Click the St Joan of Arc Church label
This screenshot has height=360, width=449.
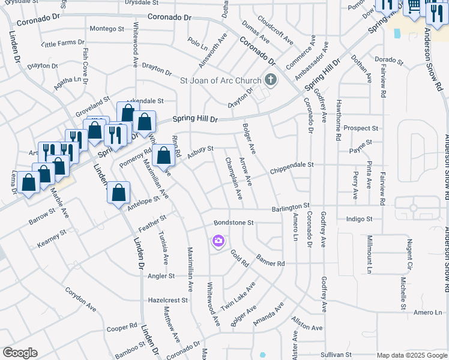[x=221, y=80]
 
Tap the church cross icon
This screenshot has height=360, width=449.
[x=270, y=80]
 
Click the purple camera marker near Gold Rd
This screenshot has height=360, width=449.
[x=218, y=241]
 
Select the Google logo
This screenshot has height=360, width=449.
[x=20, y=353]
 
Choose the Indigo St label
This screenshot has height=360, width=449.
[x=360, y=220]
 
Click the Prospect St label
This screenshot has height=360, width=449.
[x=361, y=128]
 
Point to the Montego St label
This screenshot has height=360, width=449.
[x=106, y=29]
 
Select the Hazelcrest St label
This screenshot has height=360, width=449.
[x=169, y=299]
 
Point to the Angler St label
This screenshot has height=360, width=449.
[x=161, y=276]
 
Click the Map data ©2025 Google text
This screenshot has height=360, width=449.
[x=411, y=355]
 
